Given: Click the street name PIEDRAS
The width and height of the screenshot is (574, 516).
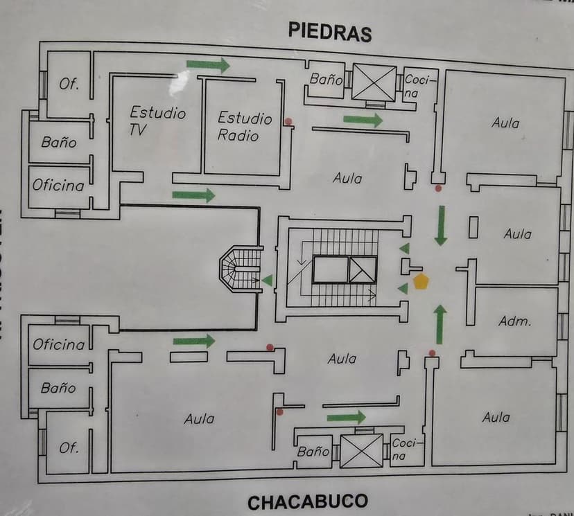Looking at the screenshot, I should tap(330, 32).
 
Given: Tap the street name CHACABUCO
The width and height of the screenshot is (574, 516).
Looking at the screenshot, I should tap(307, 502).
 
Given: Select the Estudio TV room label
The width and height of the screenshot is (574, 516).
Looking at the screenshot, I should tap(157, 119).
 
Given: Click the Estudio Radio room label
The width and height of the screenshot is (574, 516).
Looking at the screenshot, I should tap(245, 126).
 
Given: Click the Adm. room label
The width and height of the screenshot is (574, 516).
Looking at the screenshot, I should tap(514, 321).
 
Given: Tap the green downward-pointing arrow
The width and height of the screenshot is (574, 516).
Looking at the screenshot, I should tap(440, 224).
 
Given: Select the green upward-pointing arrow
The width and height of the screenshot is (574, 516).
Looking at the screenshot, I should tap(440, 323).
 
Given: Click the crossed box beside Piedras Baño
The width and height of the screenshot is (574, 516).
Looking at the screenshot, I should tap(374, 83).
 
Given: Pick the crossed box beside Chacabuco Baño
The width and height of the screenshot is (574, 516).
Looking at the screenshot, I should tap(360, 450).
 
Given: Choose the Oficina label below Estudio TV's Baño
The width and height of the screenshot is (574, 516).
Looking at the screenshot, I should tap(58, 186).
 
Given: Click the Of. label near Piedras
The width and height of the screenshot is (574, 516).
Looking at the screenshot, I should tap(69, 84).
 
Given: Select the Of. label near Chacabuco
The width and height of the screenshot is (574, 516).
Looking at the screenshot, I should tap(69, 447).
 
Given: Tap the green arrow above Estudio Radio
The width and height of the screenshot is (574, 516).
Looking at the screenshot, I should tap(208, 65).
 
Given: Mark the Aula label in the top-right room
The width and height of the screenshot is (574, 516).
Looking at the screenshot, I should tap(505, 123).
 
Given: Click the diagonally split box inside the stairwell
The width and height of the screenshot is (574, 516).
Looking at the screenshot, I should tap(363, 269).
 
